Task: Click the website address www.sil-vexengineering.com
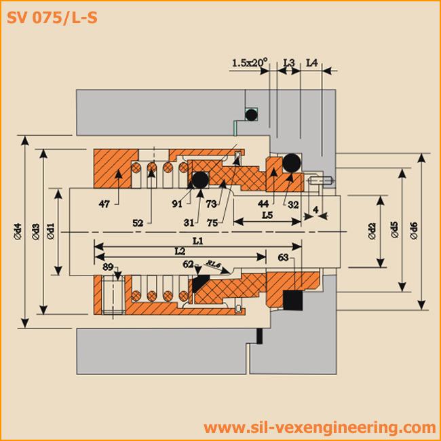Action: click(319, 427)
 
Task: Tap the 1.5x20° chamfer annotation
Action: click(250, 63)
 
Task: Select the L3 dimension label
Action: click(288, 63)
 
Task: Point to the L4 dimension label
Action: click(312, 63)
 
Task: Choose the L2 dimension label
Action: click(180, 251)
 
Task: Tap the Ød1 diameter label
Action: click(51, 231)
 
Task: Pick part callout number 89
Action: click(108, 267)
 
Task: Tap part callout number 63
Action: click(283, 256)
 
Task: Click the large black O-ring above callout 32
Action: click(292, 163)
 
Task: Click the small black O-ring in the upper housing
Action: click(251, 114)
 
